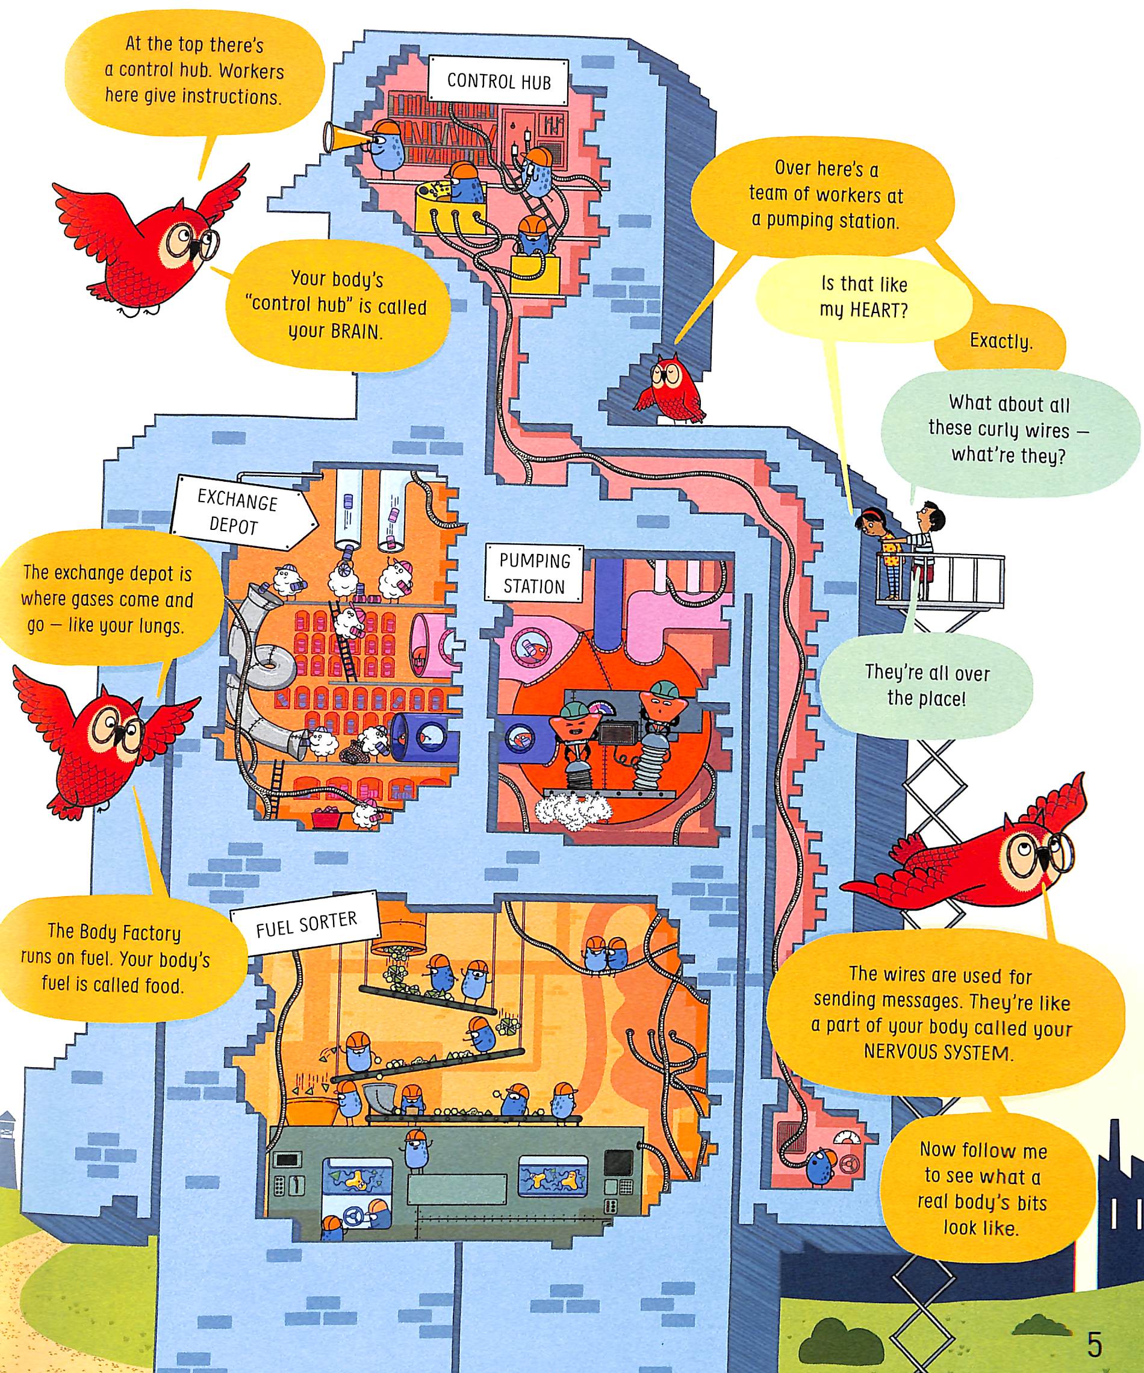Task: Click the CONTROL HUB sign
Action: (498, 81)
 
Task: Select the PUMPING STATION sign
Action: (533, 573)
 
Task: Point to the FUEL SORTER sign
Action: (306, 924)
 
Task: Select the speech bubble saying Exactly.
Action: (1000, 341)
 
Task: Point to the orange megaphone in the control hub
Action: (341, 135)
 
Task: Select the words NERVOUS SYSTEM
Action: (936, 1052)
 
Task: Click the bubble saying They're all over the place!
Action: (926, 685)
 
